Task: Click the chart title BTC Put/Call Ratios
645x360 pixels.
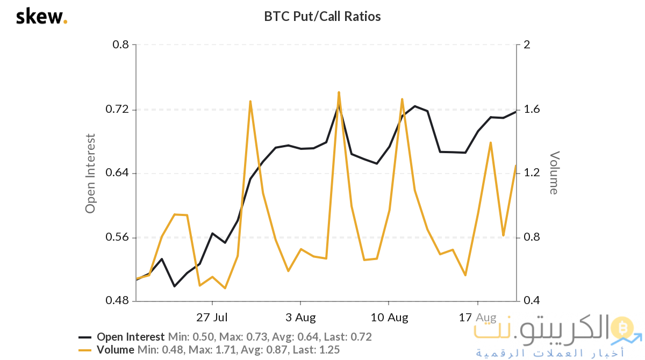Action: [x=322, y=17]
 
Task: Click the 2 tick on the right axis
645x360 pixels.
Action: [x=527, y=45]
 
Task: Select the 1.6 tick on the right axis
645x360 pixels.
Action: [x=531, y=110]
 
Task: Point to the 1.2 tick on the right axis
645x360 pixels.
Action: [x=531, y=174]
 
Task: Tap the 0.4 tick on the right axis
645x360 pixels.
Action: [x=531, y=301]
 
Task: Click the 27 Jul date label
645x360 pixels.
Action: [x=212, y=317]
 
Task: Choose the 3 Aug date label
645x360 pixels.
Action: [x=301, y=317]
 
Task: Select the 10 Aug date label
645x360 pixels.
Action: [x=390, y=317]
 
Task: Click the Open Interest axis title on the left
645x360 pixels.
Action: [x=90, y=173]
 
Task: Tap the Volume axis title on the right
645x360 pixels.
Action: [x=554, y=172]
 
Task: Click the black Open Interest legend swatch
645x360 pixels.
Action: [x=85, y=337]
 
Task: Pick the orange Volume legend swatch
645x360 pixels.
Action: [x=85, y=350]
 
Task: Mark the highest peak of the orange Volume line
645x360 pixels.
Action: [x=339, y=92]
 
